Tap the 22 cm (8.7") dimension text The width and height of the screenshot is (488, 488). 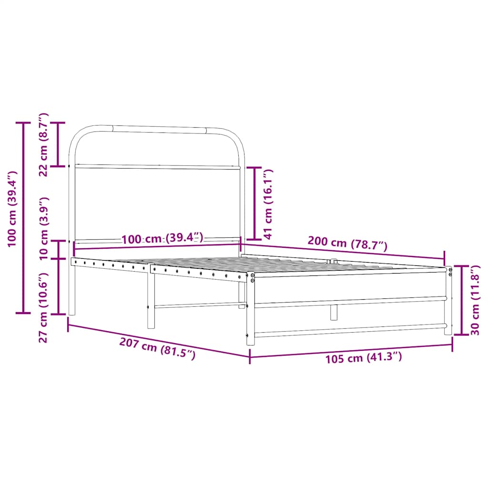click(x=43, y=145)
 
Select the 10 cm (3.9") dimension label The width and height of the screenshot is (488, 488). click(x=43, y=228)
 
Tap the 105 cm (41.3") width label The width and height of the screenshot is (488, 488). click(x=363, y=357)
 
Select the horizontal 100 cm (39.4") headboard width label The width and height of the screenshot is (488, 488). click(x=162, y=238)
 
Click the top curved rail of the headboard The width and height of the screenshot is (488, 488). click(x=157, y=129)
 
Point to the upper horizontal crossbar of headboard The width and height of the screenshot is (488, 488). click(x=157, y=167)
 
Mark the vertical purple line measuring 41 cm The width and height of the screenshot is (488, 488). click(x=254, y=203)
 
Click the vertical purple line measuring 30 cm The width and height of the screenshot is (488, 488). click(x=461, y=300)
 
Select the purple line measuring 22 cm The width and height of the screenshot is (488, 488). click(x=59, y=145)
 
